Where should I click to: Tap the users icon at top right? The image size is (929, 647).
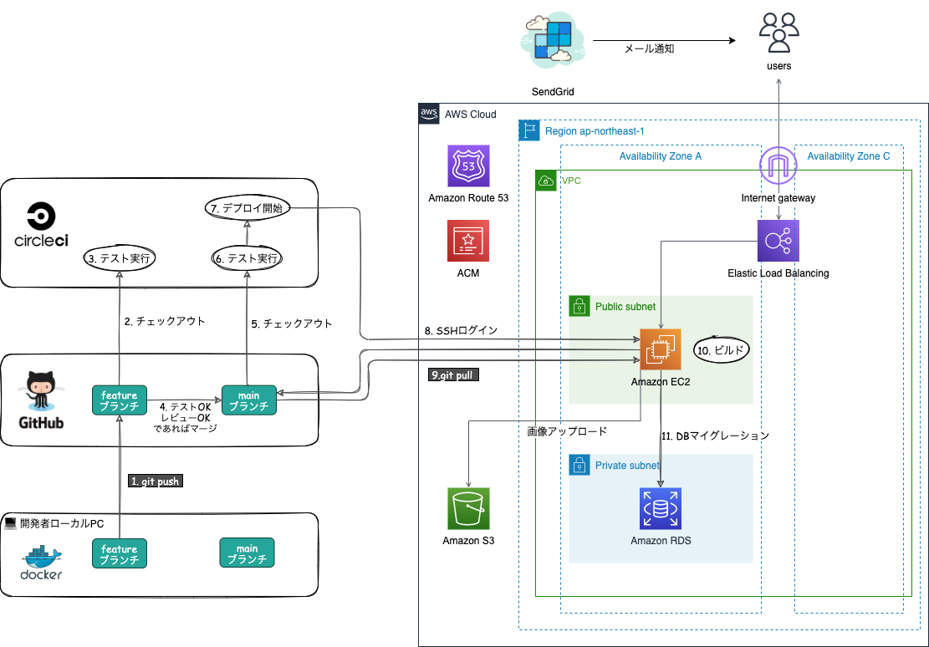(x=778, y=33)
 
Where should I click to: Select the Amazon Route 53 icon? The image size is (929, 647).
(x=468, y=166)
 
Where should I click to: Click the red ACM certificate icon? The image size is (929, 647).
(x=468, y=241)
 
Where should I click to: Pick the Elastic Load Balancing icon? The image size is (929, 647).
(x=778, y=241)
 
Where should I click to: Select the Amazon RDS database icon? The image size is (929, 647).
(x=661, y=508)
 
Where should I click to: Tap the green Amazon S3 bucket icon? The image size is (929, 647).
(x=468, y=508)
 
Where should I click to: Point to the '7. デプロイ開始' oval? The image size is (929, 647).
(x=248, y=207)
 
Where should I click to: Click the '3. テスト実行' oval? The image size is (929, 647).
(x=122, y=257)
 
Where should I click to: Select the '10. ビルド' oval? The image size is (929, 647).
(x=722, y=349)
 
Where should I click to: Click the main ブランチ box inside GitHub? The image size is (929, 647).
(x=249, y=400)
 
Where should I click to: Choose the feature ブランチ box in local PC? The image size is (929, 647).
(x=120, y=553)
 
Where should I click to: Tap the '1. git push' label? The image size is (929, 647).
(x=156, y=481)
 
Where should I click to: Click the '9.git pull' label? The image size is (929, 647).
(x=452, y=375)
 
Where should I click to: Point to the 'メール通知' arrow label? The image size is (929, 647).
(x=649, y=49)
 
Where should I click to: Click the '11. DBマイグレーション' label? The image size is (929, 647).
(x=715, y=436)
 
